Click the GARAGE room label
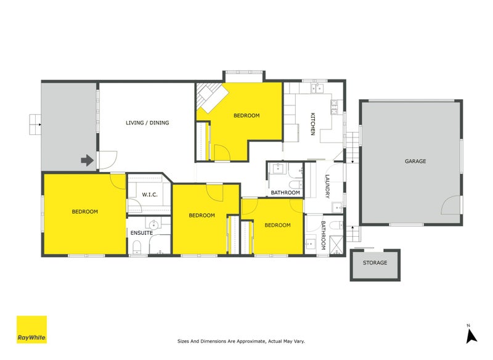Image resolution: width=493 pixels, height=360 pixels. tap(415, 161)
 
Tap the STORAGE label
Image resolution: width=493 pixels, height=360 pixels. tap(375, 263)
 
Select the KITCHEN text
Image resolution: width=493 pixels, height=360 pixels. tap(312, 124)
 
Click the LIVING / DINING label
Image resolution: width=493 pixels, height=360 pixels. tap(147, 123)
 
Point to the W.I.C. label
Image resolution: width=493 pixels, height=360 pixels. tap(150, 195)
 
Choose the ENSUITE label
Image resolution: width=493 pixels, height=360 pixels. tap(142, 233)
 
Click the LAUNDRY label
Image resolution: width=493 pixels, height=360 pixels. tap(327, 186)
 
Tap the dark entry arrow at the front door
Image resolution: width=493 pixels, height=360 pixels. tap(87, 160)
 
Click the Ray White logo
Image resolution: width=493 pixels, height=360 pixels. tap(31, 330)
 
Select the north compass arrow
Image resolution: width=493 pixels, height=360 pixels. tap(471, 337)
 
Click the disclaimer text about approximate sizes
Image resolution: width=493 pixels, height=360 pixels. tap(241, 341)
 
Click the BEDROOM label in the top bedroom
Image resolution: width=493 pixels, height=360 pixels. tap(246, 115)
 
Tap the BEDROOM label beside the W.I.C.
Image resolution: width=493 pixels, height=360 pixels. tap(84, 211)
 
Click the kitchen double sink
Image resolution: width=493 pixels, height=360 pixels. tap(317, 88)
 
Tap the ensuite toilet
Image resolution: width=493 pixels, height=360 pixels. tap(137, 247)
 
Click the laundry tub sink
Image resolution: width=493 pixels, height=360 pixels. tap(337, 207)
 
